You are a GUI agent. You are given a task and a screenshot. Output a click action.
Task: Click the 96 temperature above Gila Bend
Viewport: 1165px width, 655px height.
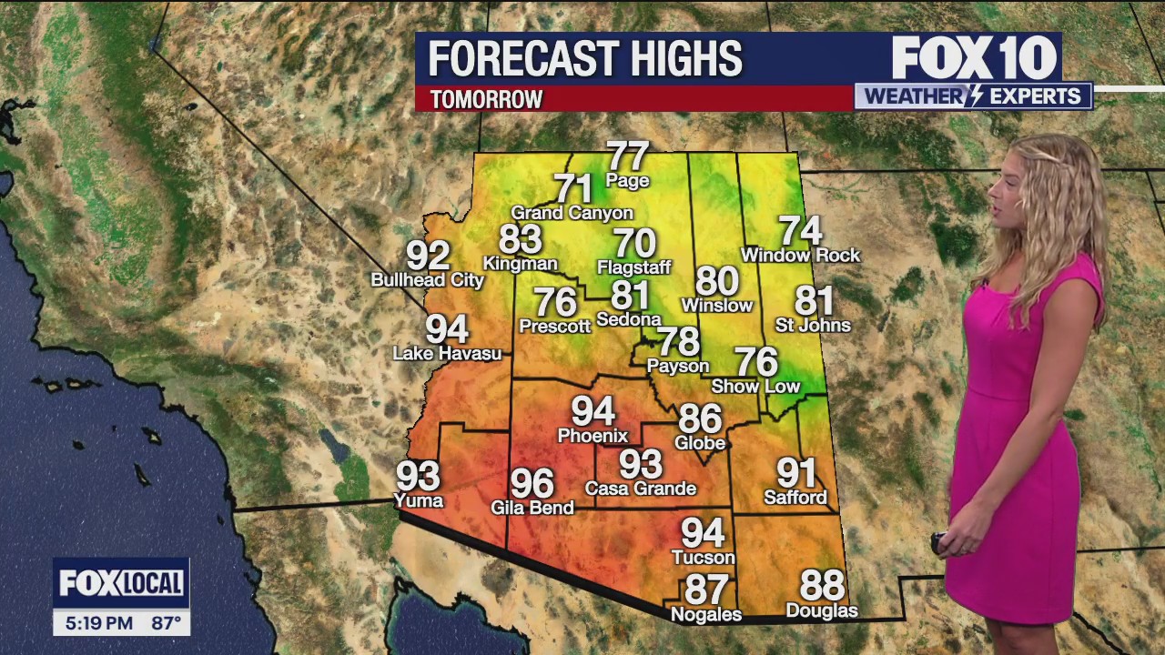point(532,483)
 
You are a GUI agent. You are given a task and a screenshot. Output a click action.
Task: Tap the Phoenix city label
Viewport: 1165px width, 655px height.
point(593,436)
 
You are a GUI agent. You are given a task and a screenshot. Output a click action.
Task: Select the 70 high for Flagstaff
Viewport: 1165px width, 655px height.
point(634,244)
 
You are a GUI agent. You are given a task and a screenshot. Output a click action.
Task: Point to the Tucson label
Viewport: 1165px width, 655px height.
point(703,557)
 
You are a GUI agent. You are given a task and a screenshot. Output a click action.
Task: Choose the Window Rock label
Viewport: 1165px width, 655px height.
point(800,256)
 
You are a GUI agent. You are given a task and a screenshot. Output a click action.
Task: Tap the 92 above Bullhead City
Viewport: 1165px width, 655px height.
point(428,256)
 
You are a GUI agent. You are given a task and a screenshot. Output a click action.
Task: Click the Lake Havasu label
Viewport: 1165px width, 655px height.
point(447,353)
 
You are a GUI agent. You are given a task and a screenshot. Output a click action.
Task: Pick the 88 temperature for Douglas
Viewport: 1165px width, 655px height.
point(822,585)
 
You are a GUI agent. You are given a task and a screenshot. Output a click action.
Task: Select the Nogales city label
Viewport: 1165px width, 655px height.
point(706,615)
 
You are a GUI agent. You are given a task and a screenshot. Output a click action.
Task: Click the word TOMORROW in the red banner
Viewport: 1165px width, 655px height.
point(486,99)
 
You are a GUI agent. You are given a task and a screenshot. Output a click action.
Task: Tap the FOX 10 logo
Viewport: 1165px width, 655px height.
point(974,59)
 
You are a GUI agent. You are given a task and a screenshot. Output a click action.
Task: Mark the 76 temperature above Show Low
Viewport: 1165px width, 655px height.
point(756,362)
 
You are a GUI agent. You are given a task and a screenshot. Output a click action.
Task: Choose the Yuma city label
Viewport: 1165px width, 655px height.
point(419,500)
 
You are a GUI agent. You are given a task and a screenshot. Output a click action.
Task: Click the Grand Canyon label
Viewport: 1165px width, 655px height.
point(572,213)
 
